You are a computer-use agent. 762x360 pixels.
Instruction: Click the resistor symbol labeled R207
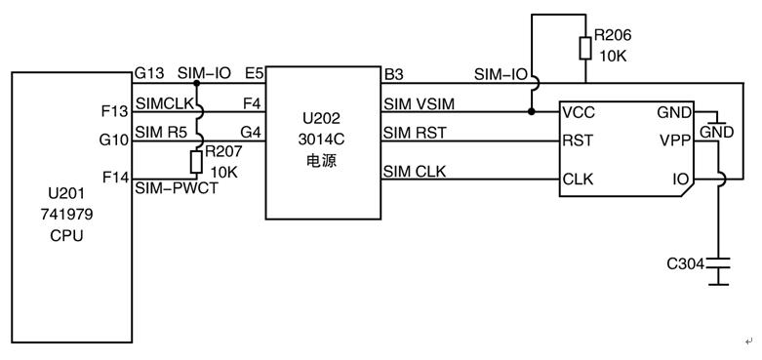pos(196,161)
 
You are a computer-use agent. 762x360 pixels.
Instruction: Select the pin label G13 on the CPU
pos(147,74)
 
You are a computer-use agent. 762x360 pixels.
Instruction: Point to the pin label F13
pos(114,110)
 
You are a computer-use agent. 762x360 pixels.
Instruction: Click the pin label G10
pos(114,140)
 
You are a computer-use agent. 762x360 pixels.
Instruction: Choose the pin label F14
pos(114,179)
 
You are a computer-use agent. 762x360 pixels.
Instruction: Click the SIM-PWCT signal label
pos(177,188)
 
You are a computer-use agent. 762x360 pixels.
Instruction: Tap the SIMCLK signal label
pos(163,103)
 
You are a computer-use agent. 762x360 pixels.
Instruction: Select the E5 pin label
pos(255,74)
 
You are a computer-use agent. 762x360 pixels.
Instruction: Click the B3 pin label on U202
pos(393,74)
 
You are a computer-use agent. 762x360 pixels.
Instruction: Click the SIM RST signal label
pos(415,133)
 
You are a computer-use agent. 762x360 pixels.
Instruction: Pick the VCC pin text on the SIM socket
pos(579,112)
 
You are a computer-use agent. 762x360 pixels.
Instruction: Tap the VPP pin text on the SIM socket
pos(674,140)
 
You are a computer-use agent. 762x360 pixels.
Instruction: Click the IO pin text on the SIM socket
pos(680,180)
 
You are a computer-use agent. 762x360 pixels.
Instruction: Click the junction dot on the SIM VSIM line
pos(531,111)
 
